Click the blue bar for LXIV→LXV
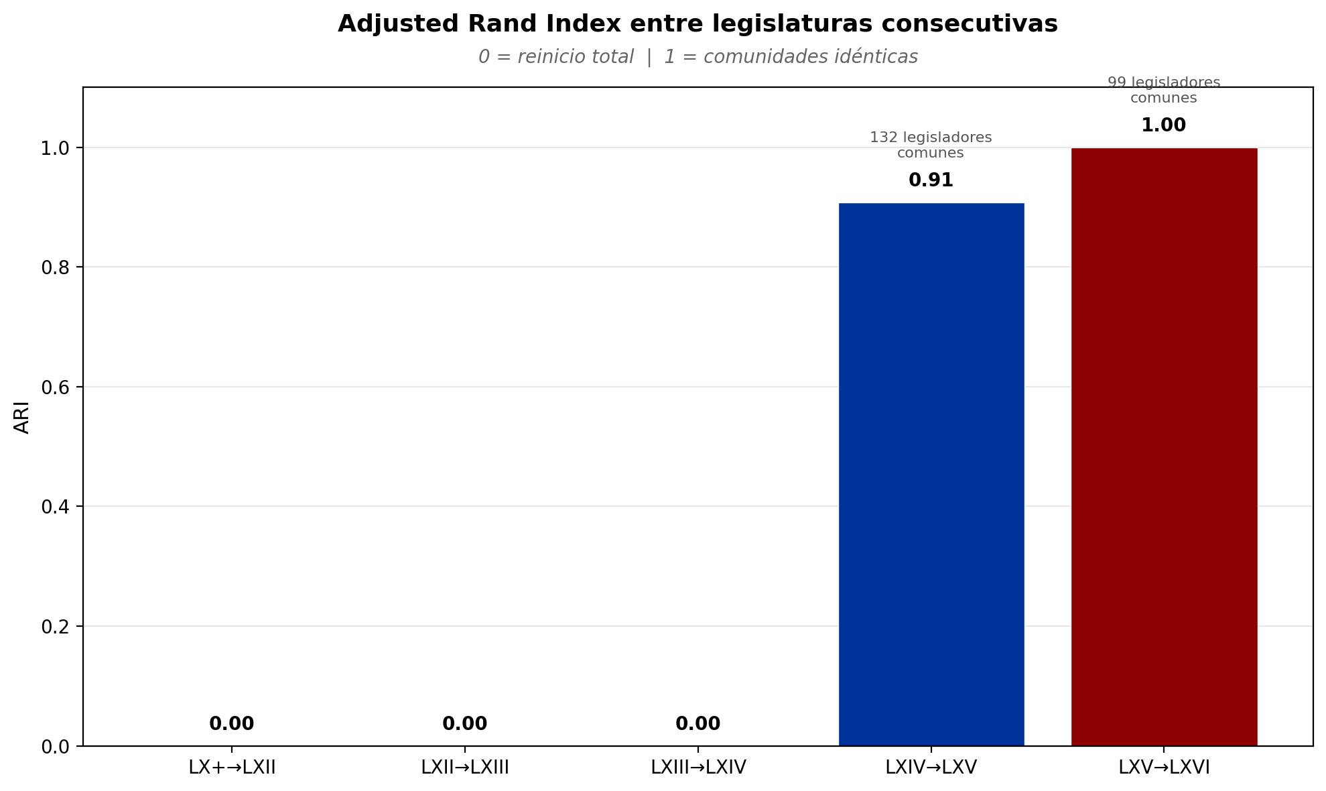[931, 473]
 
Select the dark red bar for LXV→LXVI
[1164, 446]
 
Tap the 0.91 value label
[931, 180]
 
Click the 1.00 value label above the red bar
[1163, 125]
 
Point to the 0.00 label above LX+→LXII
[232, 724]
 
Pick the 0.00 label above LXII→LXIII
[464, 724]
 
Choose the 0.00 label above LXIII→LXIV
[698, 724]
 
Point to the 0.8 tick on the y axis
[55, 267]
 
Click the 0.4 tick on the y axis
[55, 507]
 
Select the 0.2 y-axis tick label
[55, 627]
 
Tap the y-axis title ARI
[22, 417]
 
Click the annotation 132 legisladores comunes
[931, 145]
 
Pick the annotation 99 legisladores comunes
[1163, 90]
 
